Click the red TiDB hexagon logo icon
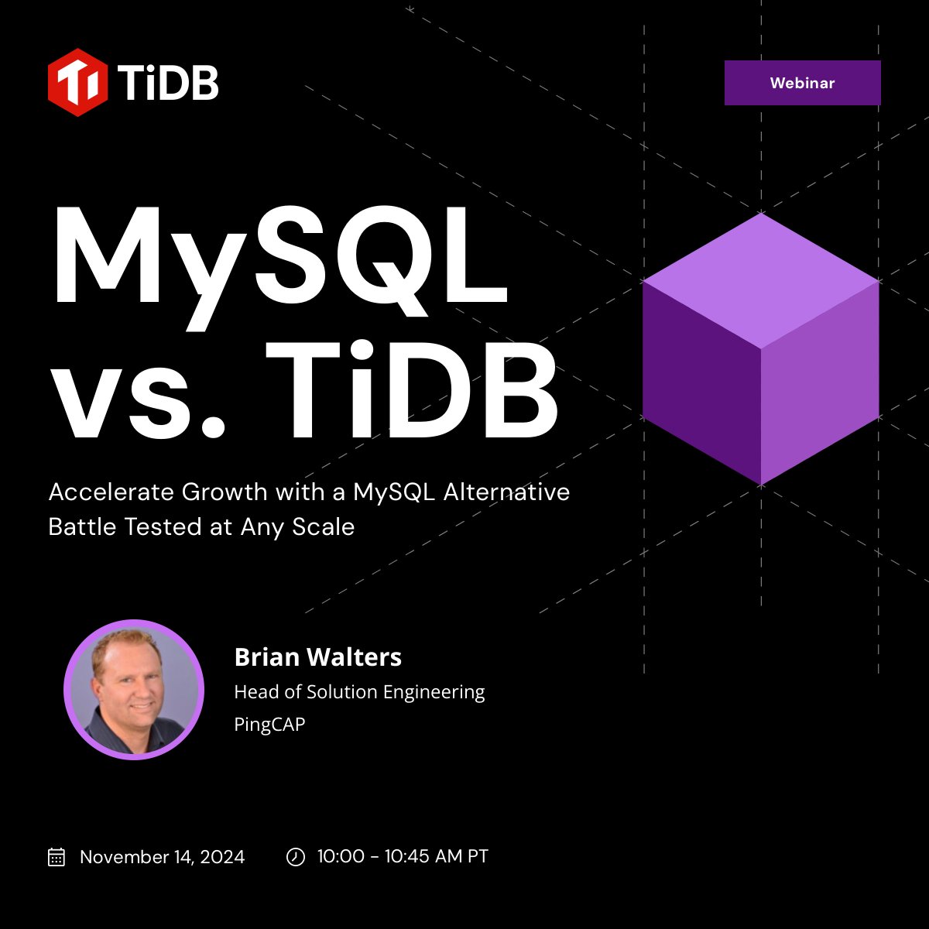pos(77,82)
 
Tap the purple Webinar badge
pos(802,83)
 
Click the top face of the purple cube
pos(761,280)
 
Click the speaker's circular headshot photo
pos(134,689)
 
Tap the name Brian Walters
pos(317,657)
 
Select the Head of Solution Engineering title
pos(359,691)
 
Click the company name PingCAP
pos(269,725)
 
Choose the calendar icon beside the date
pos(57,857)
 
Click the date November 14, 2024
pos(162,857)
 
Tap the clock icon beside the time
pos(296,857)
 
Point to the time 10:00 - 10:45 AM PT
pos(403,857)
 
